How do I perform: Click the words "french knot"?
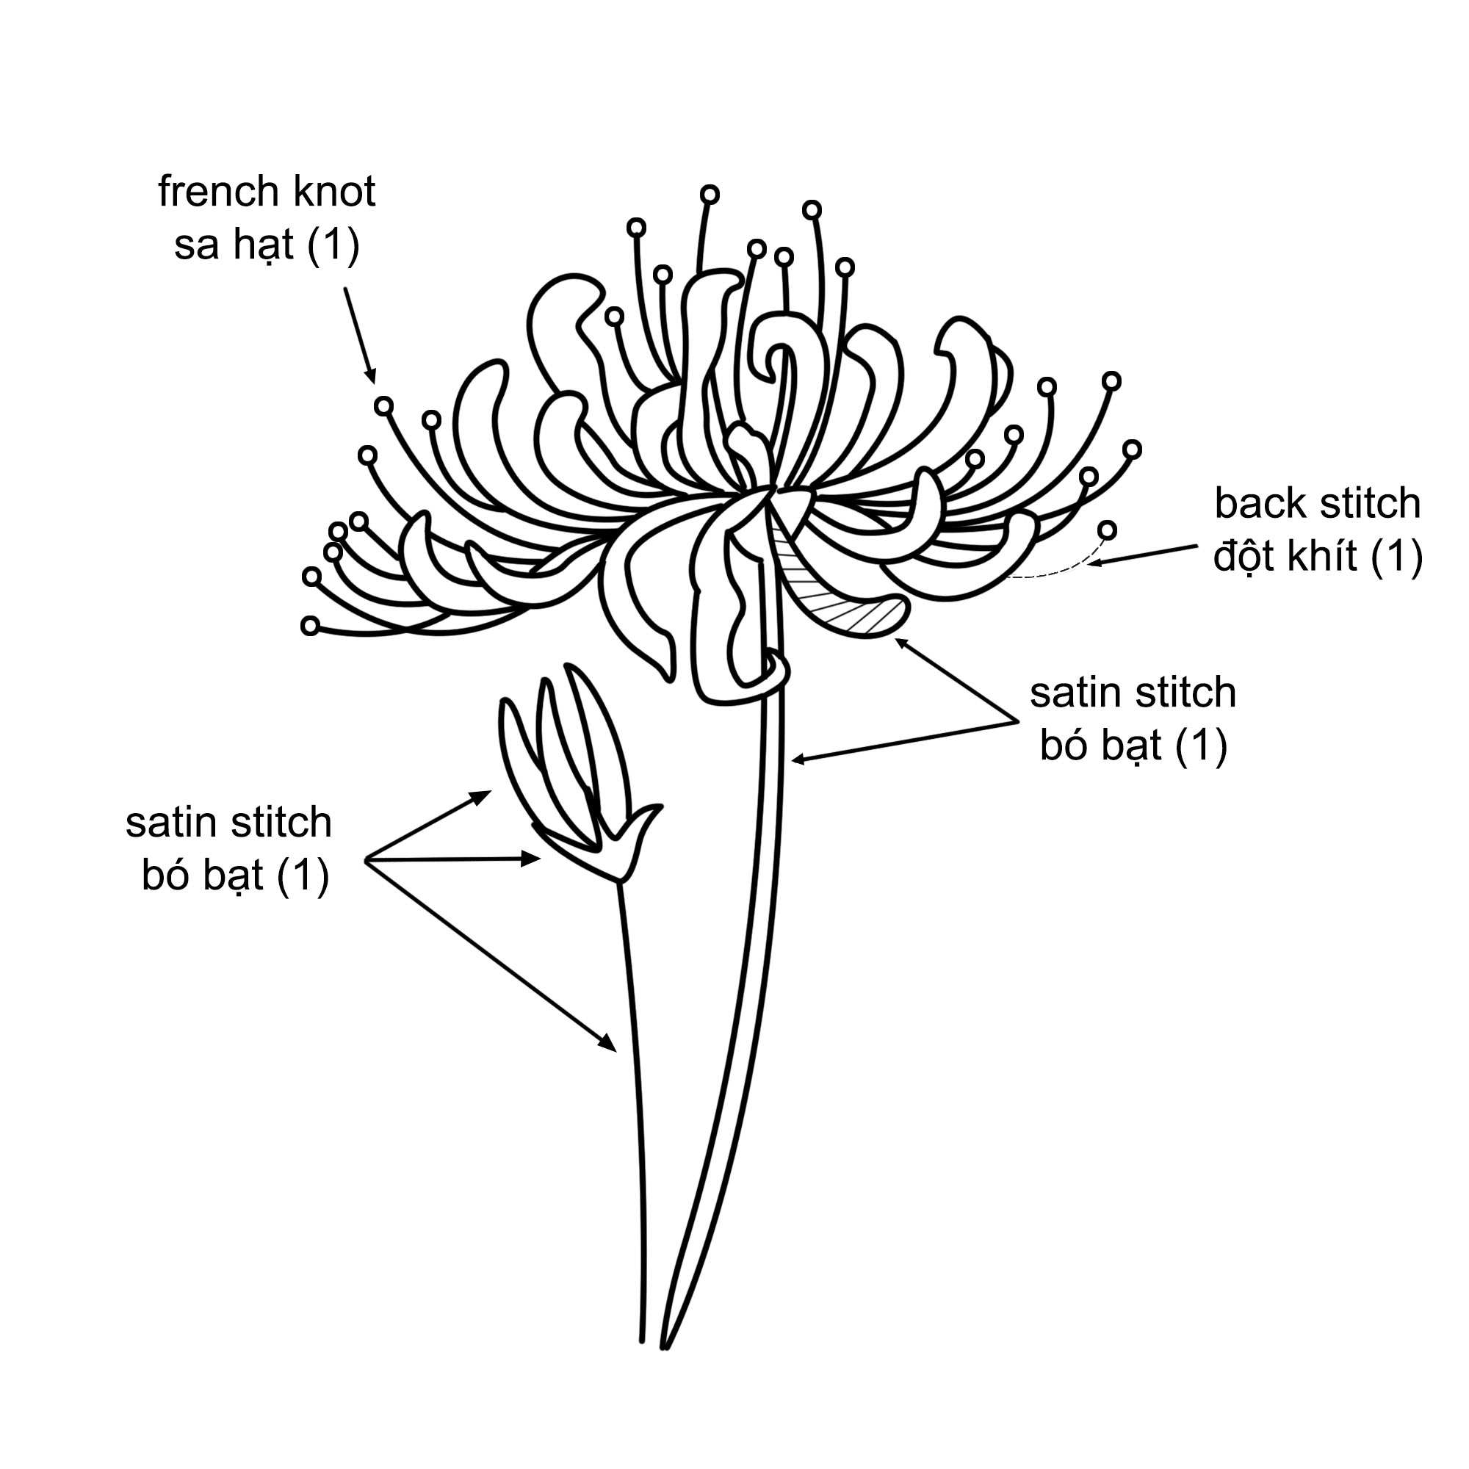267,192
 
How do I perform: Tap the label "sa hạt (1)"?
267,245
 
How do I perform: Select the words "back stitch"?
1317,503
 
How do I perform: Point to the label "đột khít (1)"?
1317,557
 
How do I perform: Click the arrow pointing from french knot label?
360,334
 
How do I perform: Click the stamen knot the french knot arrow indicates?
384,406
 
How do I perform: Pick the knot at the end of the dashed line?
1108,530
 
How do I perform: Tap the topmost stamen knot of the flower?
710,195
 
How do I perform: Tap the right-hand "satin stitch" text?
1133,693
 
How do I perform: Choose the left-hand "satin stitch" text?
229,823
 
